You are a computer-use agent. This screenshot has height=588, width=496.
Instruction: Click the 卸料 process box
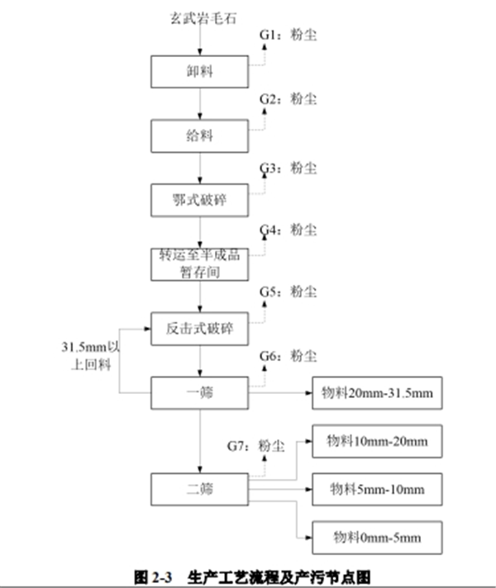(x=200, y=71)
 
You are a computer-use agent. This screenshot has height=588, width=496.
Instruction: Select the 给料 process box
(x=200, y=135)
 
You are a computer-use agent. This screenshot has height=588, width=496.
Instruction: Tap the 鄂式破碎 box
(x=200, y=199)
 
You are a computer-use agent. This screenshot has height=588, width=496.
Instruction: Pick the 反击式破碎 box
(x=200, y=329)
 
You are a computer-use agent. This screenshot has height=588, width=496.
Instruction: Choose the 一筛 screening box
(x=200, y=392)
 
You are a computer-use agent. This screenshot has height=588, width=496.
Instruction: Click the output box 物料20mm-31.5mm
(x=376, y=392)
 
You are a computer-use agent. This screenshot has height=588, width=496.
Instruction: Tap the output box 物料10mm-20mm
(x=376, y=441)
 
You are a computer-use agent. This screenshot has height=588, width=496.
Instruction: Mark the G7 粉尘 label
(x=256, y=446)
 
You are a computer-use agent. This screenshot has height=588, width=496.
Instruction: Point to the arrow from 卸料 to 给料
(x=200, y=103)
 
